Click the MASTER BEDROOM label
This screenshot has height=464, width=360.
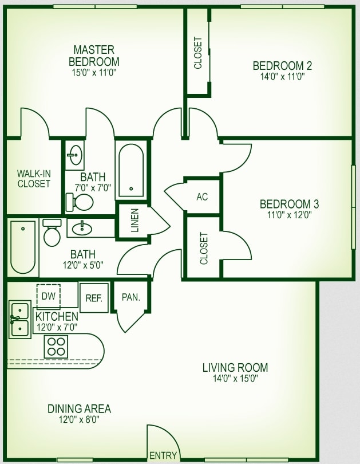(94, 56)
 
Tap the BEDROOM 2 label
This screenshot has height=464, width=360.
(282, 65)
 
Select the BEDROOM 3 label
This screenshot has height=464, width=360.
(289, 204)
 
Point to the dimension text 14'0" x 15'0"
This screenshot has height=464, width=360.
(235, 378)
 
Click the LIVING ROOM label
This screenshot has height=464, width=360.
(235, 367)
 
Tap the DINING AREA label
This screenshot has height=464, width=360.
(79, 408)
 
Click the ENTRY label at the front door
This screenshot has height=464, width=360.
(163, 455)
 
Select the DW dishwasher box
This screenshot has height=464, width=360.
(48, 296)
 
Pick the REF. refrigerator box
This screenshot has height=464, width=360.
(93, 298)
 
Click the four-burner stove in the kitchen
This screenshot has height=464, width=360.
(56, 347)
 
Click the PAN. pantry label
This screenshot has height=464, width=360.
(131, 297)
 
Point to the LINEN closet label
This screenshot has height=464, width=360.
(135, 221)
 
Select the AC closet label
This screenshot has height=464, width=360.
(202, 196)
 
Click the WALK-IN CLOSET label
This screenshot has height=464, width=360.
(34, 178)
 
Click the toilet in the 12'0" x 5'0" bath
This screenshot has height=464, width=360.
(52, 233)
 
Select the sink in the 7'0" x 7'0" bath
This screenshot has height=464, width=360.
(74, 154)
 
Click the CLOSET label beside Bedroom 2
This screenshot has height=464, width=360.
(198, 53)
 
